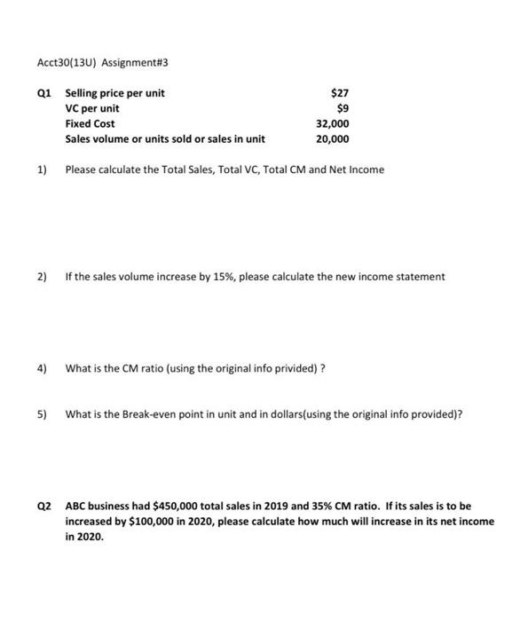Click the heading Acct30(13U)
tap(57, 63)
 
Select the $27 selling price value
tap(339, 93)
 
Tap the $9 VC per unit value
tap(343, 108)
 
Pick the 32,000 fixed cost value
tap(333, 123)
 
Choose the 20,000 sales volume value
tap(333, 139)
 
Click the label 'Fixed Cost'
tap(90, 123)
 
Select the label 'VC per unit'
tap(92, 108)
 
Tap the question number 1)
tap(41, 169)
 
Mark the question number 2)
tap(41, 277)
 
